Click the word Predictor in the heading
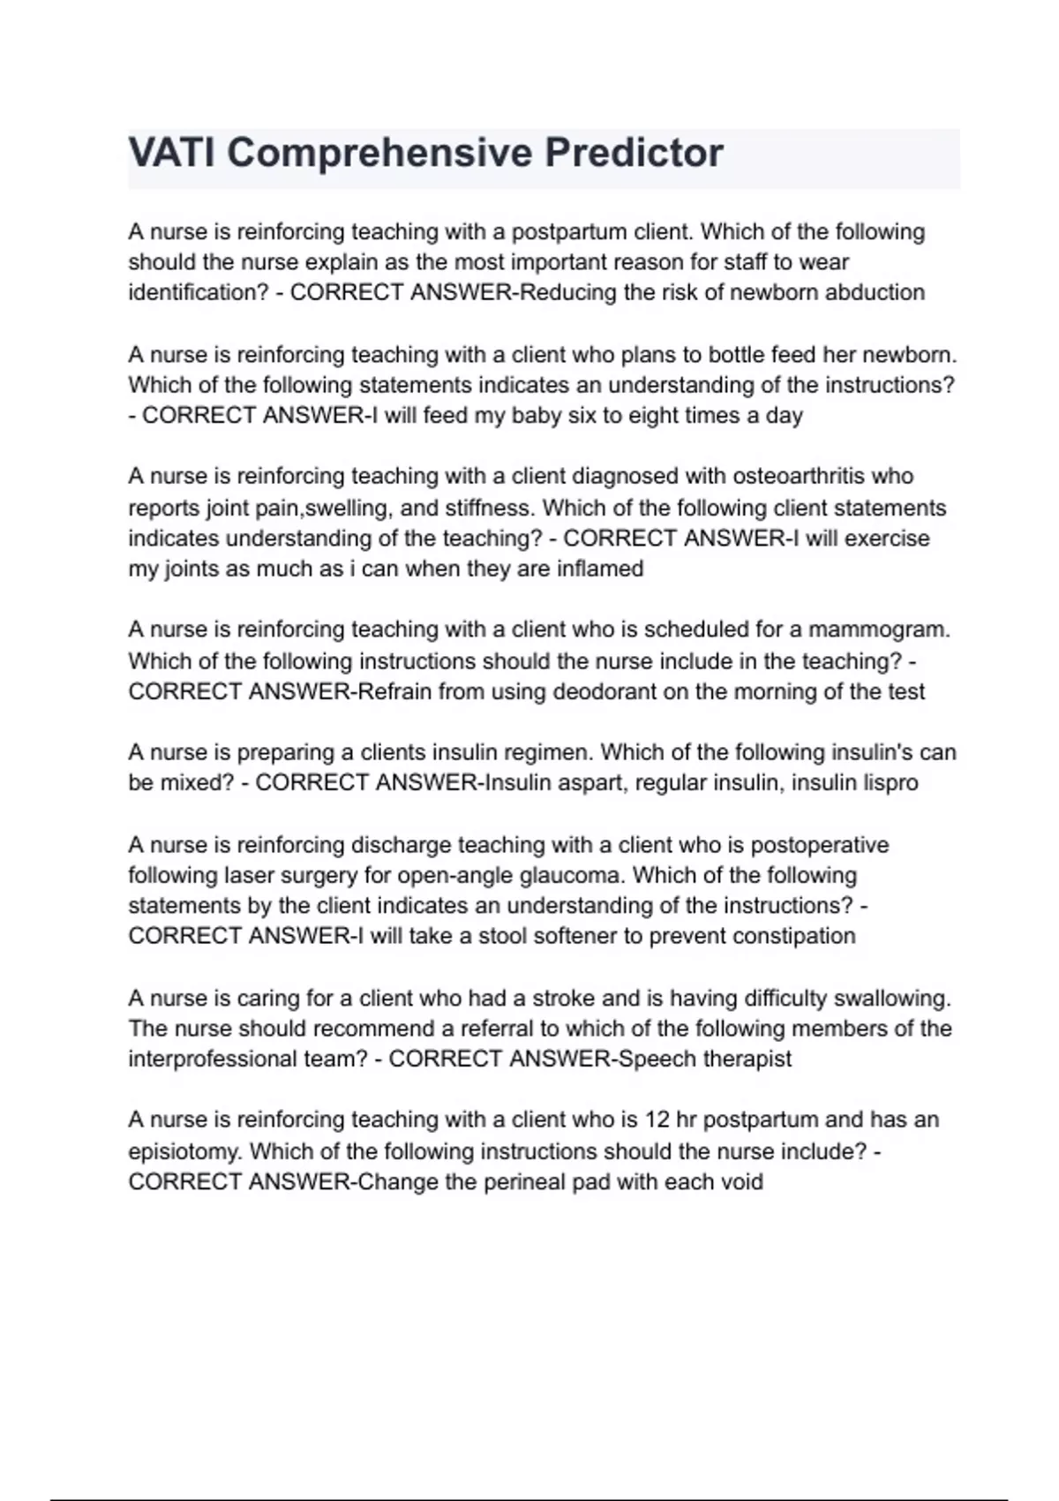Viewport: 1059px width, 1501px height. click(633, 153)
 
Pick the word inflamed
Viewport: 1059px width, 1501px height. click(600, 569)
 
